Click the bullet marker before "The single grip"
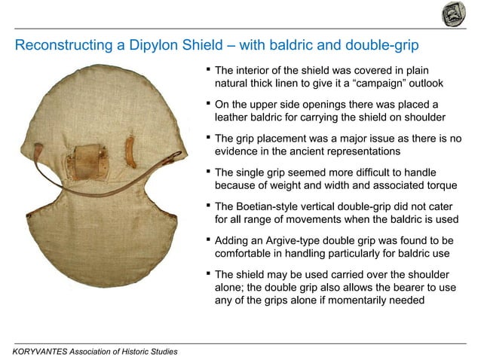208,173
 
